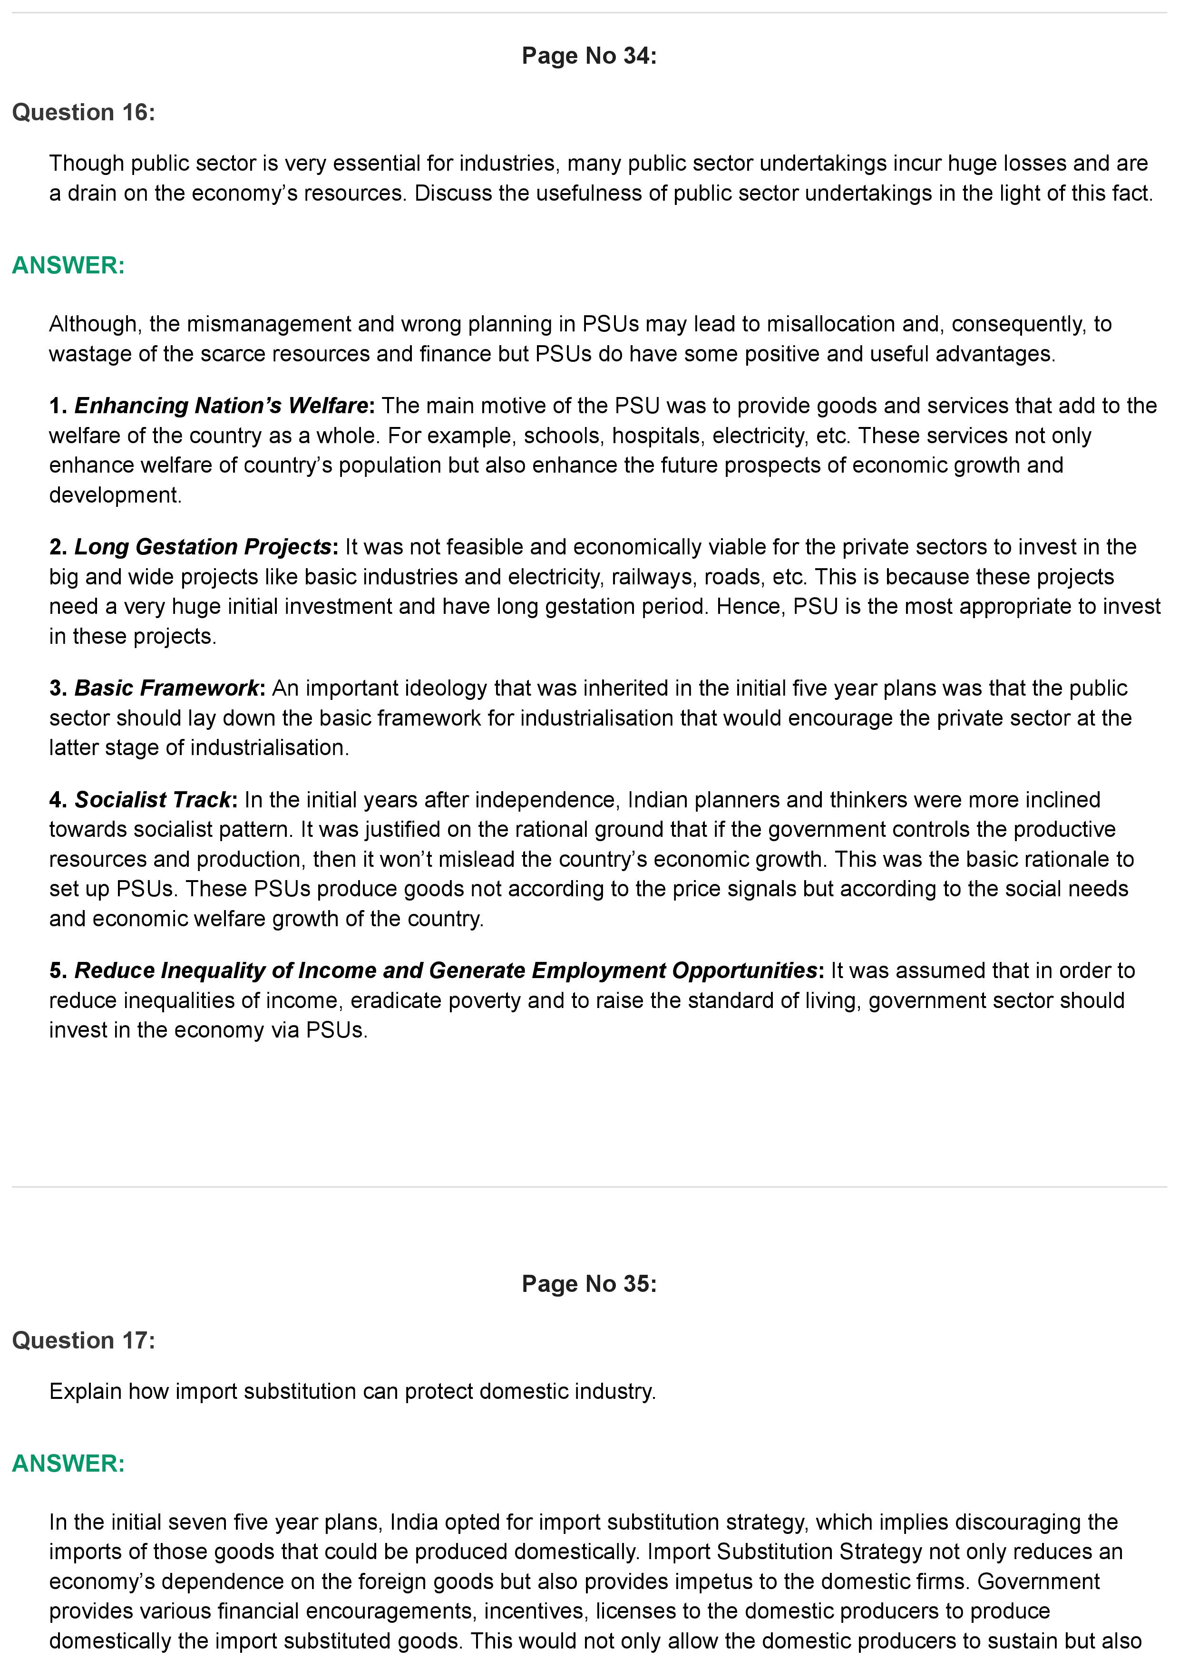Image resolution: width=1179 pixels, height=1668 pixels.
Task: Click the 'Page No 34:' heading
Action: pos(588,56)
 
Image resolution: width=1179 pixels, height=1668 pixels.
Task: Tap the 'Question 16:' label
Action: pos(84,113)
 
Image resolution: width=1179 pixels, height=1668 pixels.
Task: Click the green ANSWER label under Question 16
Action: pos(68,265)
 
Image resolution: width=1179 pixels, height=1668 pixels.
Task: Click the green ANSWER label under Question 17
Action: pos(68,1463)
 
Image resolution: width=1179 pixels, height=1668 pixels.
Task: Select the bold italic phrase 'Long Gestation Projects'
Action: pos(203,546)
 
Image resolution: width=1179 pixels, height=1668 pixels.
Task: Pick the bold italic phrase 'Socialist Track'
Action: pos(153,799)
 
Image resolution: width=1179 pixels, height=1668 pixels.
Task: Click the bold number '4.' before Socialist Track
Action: pos(58,799)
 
